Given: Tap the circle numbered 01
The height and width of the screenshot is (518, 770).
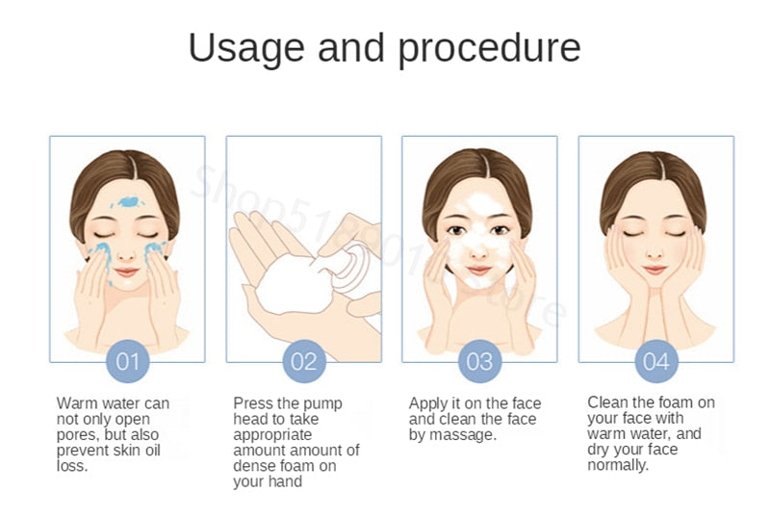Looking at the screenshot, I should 128,361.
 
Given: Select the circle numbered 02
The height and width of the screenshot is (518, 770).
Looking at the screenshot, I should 304,361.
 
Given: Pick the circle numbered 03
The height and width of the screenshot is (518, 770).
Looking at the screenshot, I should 479,361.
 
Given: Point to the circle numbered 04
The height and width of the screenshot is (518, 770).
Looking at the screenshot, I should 655,361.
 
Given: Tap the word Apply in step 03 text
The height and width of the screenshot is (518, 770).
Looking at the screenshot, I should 429,403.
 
